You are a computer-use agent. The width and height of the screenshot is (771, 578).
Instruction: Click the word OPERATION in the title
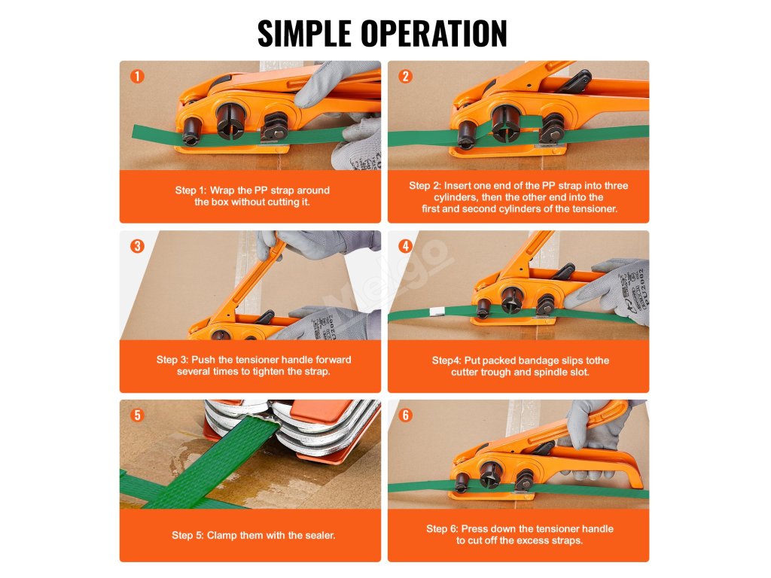pos(434,33)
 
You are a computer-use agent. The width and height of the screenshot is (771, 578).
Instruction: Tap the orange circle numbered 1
pos(137,76)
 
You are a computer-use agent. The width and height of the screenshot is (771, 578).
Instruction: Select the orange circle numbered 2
pos(405,76)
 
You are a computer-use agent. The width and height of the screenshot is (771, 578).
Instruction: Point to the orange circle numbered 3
pos(137,246)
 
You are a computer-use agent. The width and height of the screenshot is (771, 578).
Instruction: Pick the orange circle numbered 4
pos(405,246)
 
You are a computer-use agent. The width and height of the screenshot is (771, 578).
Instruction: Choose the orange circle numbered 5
pos(137,415)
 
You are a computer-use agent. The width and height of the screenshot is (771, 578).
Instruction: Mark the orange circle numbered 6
pos(405,415)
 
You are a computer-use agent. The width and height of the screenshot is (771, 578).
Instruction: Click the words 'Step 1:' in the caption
pos(190,190)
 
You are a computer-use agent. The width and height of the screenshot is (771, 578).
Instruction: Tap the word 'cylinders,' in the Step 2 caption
pos(456,197)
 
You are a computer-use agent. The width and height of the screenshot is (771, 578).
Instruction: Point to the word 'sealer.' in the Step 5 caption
pos(319,535)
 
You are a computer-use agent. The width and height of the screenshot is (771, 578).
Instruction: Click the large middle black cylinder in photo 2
pos(505,123)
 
